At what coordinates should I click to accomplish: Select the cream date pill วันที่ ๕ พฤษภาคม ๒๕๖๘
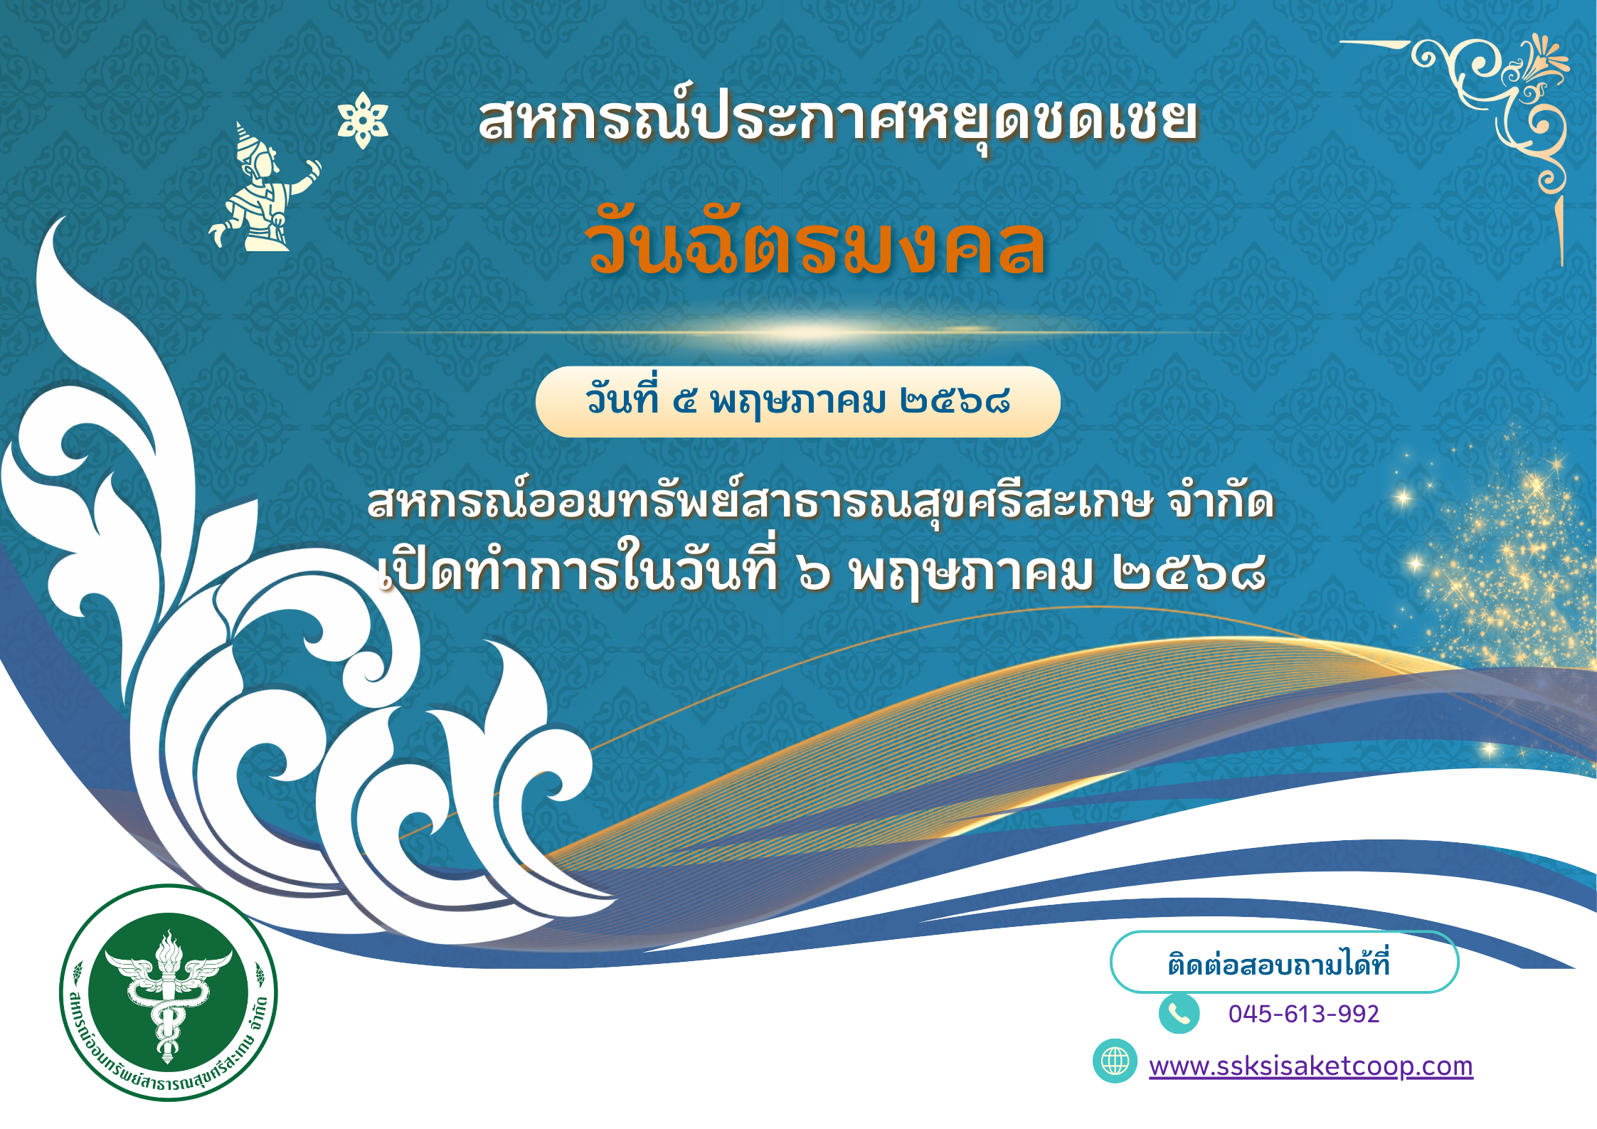pyautogui.click(x=797, y=401)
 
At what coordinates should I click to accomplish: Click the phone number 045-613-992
pyautogui.click(x=1303, y=1013)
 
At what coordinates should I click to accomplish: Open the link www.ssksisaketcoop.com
pyautogui.click(x=1310, y=1066)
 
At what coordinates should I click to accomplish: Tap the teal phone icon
pyautogui.click(x=1179, y=1013)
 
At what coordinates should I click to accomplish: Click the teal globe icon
pyautogui.click(x=1115, y=1061)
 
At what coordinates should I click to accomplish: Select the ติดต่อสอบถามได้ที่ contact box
pyautogui.click(x=1284, y=962)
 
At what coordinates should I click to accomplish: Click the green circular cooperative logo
pyautogui.click(x=168, y=992)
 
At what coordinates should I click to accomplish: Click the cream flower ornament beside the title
pyautogui.click(x=363, y=120)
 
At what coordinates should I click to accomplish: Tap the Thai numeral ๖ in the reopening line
pyautogui.click(x=814, y=573)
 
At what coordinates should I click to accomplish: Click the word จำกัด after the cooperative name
pyautogui.click(x=1221, y=502)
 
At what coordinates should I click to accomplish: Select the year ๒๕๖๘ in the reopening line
pyautogui.click(x=1189, y=573)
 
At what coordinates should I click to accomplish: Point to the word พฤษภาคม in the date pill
pyautogui.click(x=798, y=403)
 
